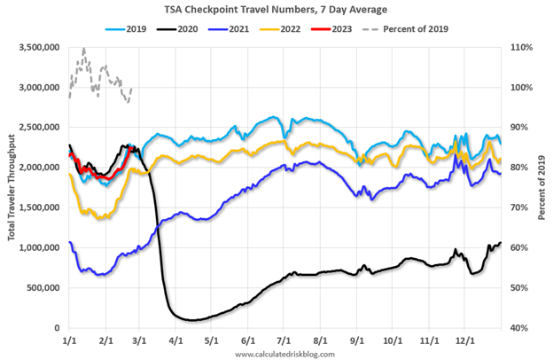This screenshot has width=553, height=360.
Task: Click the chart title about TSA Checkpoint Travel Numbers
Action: point(276,10)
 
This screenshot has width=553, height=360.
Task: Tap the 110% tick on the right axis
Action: point(517,48)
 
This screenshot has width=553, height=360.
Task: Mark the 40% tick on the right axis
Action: point(517,328)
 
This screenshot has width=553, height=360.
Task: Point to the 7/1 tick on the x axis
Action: point(284,340)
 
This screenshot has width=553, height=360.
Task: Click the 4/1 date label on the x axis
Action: point(175,340)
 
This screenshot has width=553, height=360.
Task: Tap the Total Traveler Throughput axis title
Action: point(10,188)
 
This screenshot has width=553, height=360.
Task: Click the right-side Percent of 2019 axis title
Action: point(543,188)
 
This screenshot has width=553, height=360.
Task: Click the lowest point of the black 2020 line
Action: point(191,319)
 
